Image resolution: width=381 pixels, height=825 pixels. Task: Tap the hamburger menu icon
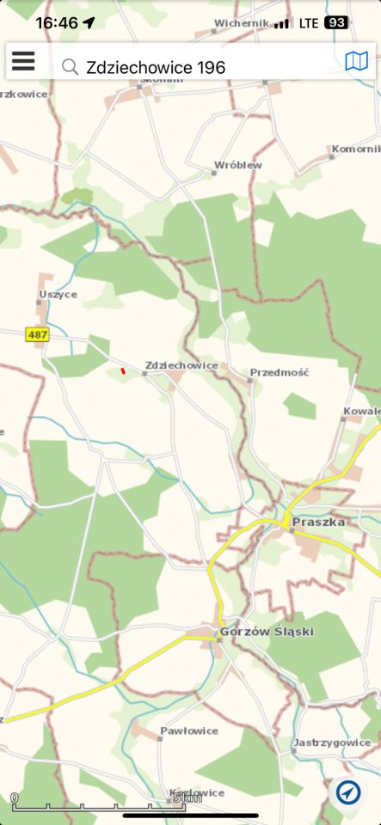(23, 61)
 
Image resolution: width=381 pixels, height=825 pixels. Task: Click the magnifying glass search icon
(70, 66)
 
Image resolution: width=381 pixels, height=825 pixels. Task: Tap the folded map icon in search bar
(356, 61)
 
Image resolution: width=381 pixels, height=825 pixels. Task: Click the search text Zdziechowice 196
(156, 66)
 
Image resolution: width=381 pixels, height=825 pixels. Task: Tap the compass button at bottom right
(348, 792)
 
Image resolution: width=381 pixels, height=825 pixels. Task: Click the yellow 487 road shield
(38, 334)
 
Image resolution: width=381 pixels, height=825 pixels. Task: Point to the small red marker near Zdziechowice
(123, 371)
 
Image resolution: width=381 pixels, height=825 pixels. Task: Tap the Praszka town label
(318, 522)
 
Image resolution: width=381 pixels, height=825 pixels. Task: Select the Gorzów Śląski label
(267, 632)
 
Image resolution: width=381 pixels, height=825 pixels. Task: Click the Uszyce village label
(58, 294)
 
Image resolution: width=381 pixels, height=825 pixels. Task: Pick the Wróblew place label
(238, 165)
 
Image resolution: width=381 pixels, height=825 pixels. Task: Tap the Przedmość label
(279, 373)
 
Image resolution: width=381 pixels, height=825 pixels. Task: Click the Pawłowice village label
(188, 731)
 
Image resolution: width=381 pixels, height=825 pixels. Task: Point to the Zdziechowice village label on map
(181, 365)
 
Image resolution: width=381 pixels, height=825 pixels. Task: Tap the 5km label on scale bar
(188, 798)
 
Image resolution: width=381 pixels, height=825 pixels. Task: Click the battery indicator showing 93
(336, 22)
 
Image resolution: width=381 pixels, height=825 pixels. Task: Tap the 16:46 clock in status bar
(57, 23)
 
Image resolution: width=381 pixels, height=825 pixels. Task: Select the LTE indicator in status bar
(308, 22)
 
